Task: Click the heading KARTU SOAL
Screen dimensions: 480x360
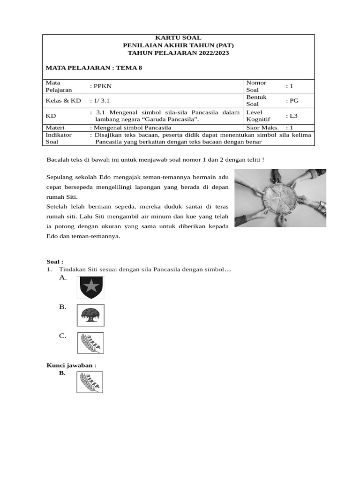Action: coord(178,37)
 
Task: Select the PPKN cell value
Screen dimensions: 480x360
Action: coord(103,86)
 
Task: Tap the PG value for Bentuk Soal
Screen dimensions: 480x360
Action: coord(294,100)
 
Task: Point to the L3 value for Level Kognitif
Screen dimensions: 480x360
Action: coord(293,115)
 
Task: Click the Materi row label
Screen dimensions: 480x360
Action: coord(55,127)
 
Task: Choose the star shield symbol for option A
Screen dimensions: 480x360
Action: coord(90,287)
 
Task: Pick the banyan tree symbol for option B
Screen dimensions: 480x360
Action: coord(90,315)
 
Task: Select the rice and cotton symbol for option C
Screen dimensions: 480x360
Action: coord(90,343)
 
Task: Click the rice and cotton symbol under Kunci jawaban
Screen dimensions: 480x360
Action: coord(90,382)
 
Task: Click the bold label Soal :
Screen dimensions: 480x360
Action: coord(55,262)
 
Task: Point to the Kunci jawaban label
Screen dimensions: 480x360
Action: coord(71,365)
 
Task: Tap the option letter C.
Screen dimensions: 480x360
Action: coord(63,336)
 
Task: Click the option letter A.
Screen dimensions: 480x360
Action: coord(63,277)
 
